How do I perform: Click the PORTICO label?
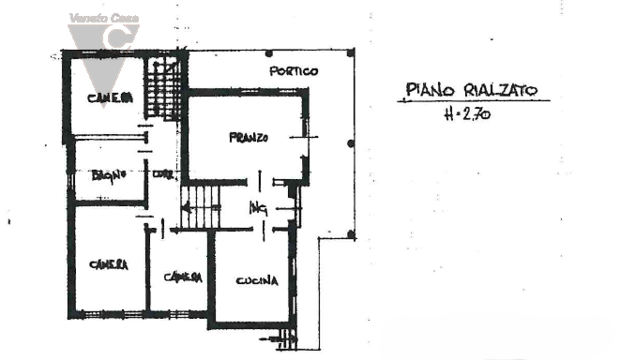[x=294, y=71]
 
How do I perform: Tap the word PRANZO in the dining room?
[x=249, y=138]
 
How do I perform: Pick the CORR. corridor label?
[x=163, y=173]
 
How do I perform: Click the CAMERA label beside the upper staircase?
[x=110, y=98]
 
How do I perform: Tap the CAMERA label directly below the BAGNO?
[x=108, y=264]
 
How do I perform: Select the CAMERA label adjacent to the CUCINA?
[x=182, y=277]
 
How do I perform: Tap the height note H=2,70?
[x=465, y=116]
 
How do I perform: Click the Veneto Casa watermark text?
[x=103, y=18]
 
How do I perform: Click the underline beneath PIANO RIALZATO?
[x=469, y=101]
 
